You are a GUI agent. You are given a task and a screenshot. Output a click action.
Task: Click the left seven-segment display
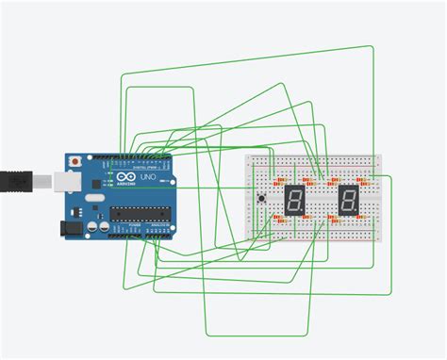click(x=295, y=199)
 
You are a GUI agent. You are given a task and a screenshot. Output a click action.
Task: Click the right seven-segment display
click(x=348, y=199)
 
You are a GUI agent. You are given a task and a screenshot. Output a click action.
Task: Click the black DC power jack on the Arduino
click(x=69, y=227)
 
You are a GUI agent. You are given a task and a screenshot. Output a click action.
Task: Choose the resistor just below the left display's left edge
click(x=280, y=219)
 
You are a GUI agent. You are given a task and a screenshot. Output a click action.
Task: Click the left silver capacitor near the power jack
click(x=91, y=226)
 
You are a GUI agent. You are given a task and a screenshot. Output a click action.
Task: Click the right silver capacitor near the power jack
click(x=102, y=226)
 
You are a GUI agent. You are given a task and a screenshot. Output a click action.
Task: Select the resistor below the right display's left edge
click(x=333, y=218)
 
